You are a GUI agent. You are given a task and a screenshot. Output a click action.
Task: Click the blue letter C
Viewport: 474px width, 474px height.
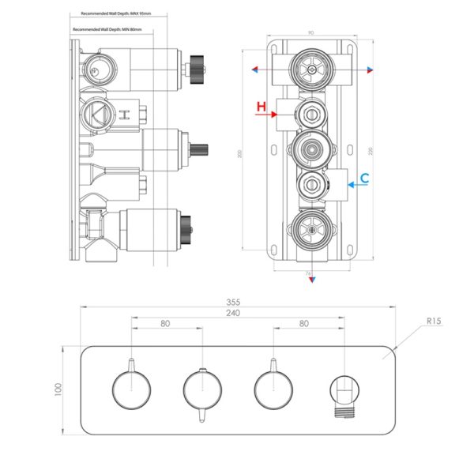click(363, 179)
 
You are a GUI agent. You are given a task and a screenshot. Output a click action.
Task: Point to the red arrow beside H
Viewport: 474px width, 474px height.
click(265, 115)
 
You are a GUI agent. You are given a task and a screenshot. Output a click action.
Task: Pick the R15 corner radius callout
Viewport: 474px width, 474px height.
click(433, 322)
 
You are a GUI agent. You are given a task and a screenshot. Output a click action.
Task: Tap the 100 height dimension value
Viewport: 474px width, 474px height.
click(58, 389)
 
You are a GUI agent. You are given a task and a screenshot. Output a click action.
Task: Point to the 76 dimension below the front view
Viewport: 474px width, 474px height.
click(309, 274)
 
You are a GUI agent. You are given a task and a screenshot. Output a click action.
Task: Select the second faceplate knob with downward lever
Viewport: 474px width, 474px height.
click(202, 389)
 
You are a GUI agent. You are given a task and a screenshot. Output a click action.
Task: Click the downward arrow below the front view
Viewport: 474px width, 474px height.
click(310, 284)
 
